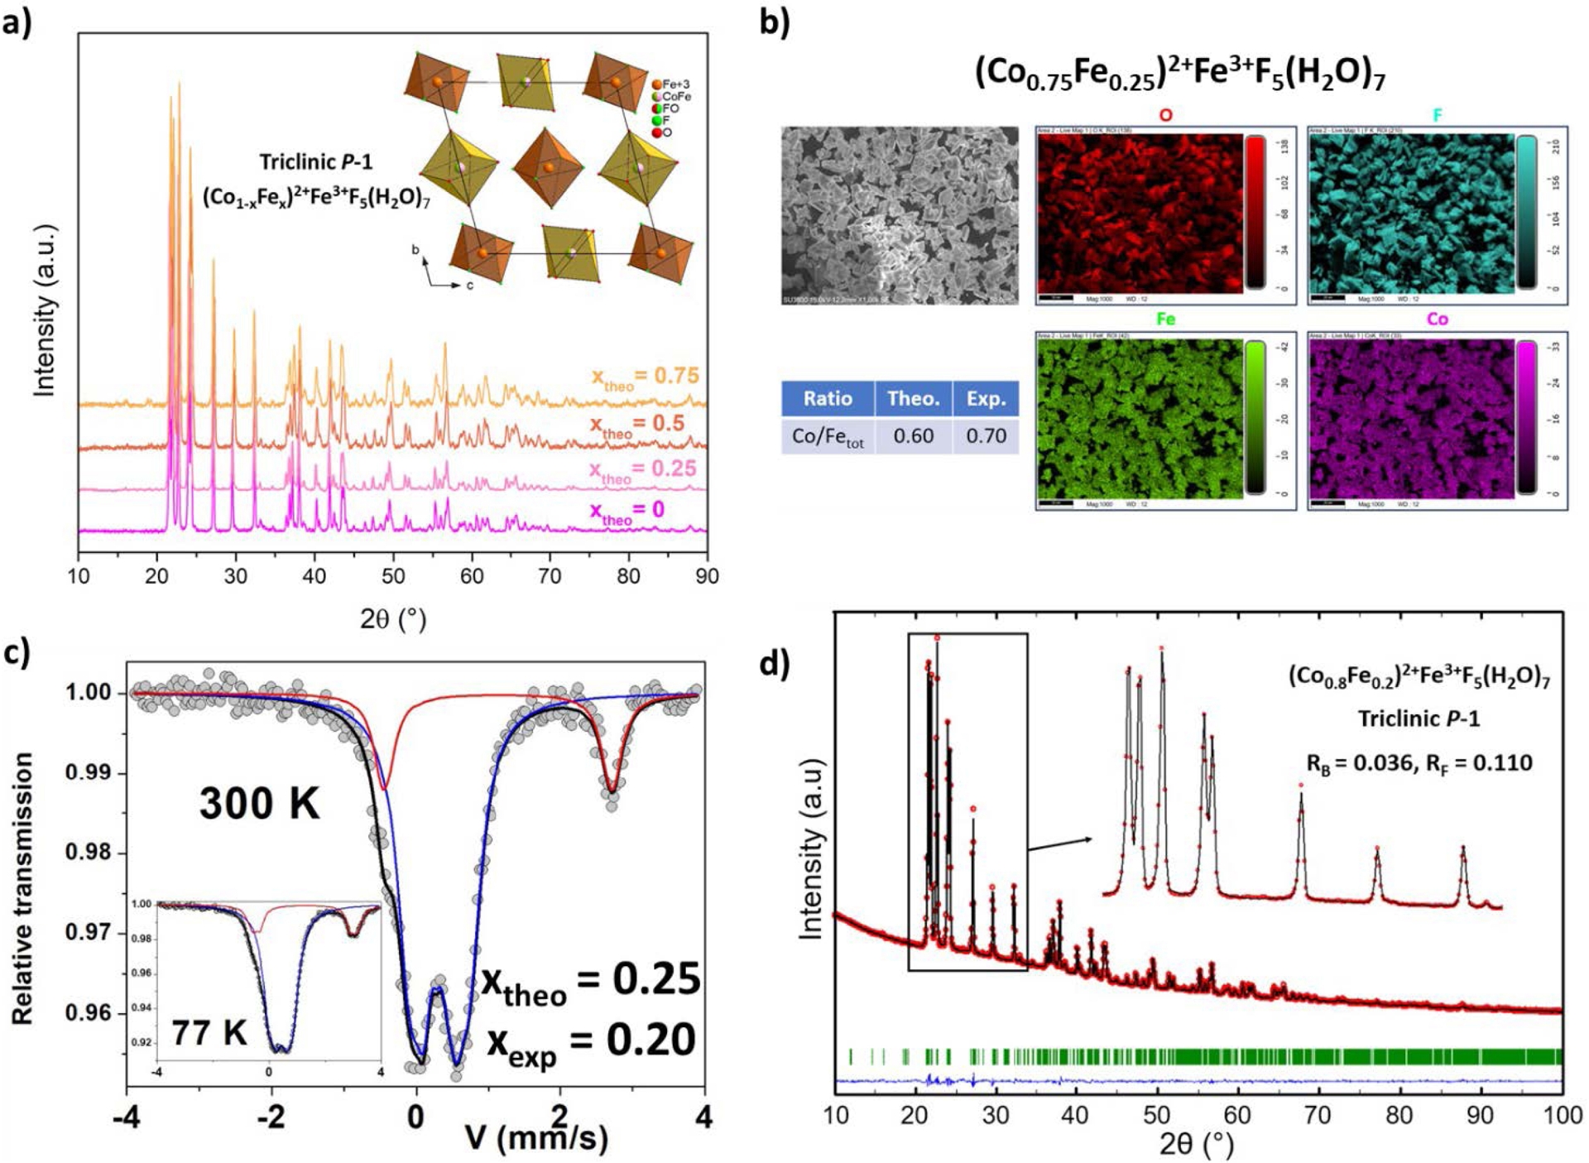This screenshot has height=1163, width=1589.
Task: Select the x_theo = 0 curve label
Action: point(626,511)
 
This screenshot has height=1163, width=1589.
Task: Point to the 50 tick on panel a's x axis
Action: point(393,576)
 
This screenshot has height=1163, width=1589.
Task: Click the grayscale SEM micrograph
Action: point(900,215)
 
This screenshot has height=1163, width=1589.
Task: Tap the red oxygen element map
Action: point(1140,213)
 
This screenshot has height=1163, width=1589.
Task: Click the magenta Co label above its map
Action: point(1438,320)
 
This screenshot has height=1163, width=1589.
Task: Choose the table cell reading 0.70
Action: point(986,436)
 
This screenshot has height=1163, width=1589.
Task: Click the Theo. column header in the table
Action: point(913,399)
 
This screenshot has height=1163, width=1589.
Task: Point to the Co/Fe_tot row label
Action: point(828,437)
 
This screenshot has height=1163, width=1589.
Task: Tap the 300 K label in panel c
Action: point(259,803)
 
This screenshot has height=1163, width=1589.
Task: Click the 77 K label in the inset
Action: point(209,1032)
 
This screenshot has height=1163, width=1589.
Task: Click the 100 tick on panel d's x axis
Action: point(1561,1116)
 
